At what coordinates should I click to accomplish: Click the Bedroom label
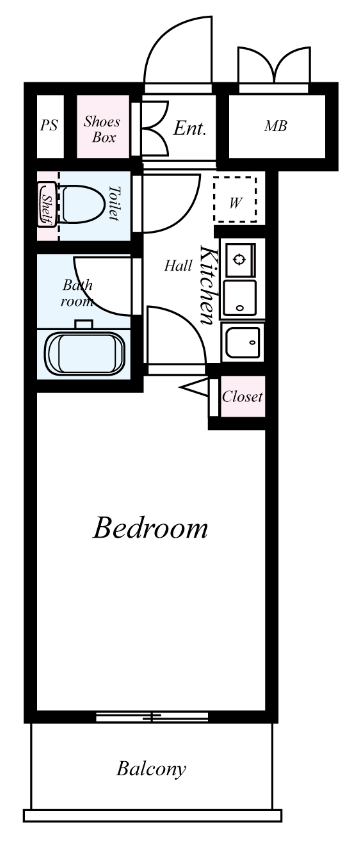[150, 527]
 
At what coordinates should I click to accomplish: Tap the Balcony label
[152, 769]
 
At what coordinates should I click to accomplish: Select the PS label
[49, 125]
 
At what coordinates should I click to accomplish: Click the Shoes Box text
[102, 129]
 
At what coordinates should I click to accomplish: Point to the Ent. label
[190, 128]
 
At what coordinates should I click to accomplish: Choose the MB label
[276, 126]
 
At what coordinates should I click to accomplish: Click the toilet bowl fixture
[81, 204]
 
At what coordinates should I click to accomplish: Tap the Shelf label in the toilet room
[47, 204]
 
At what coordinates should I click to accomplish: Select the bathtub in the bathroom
[84, 353]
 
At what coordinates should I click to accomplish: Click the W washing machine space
[235, 199]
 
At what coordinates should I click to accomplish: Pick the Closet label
[242, 397]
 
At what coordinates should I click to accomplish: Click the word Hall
[178, 265]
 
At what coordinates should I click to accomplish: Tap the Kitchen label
[207, 285]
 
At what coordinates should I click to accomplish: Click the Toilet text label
[113, 203]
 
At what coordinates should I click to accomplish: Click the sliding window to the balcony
[152, 716]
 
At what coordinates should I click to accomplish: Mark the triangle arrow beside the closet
[196, 388]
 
